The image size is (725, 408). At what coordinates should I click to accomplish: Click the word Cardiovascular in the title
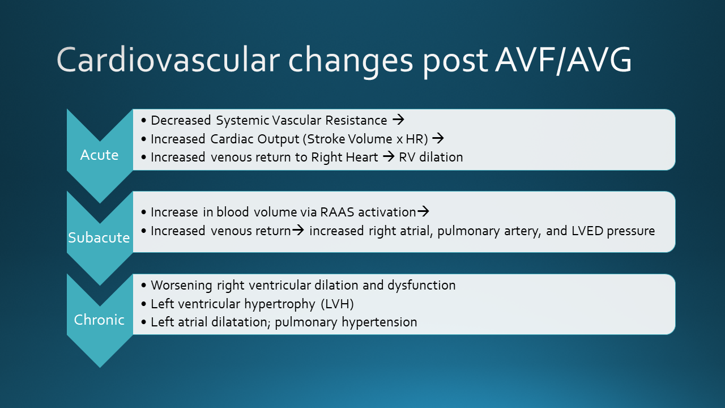168,59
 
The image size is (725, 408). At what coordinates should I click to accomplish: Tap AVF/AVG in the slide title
564,60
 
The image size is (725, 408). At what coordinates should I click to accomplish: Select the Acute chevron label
99,155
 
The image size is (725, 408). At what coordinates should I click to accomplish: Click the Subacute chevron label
99,237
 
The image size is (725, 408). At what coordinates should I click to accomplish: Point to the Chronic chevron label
99,320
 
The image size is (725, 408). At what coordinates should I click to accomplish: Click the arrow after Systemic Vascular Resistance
398,120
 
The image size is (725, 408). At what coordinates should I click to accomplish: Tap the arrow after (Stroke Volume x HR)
438,138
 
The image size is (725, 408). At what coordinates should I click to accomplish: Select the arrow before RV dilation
389,157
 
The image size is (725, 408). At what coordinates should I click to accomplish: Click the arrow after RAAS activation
423,211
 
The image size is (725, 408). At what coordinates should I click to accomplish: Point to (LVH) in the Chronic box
337,304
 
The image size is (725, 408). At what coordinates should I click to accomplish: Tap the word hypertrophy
280,304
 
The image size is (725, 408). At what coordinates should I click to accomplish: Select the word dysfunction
421,285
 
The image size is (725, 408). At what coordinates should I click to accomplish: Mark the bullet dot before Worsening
144,286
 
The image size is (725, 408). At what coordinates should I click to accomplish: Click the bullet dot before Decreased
144,121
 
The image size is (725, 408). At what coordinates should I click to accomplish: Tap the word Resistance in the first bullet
356,120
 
